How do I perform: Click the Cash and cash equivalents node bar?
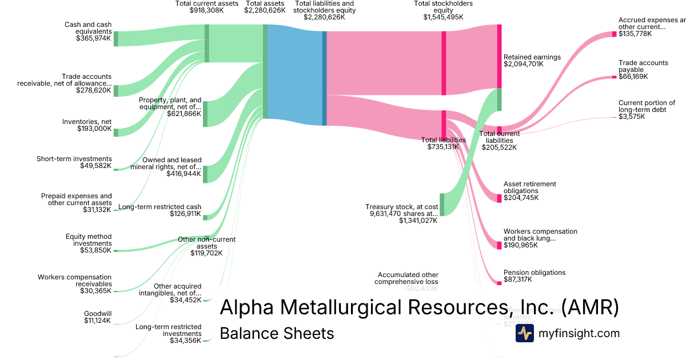click(x=115, y=38)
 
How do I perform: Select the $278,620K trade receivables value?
click(x=93, y=90)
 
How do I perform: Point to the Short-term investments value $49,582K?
click(x=95, y=166)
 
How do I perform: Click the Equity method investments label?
click(x=89, y=240)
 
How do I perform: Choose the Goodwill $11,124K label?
click(x=97, y=317)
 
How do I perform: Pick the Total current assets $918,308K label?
click(x=199, y=7)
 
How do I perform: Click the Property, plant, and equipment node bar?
click(x=205, y=114)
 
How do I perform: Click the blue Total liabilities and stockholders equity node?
click(x=324, y=78)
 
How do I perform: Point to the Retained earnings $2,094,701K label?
click(x=532, y=61)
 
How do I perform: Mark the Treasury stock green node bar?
click(x=441, y=205)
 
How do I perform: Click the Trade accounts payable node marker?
click(x=615, y=77)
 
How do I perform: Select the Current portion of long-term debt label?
click(x=647, y=106)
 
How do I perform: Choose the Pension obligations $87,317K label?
click(x=534, y=276)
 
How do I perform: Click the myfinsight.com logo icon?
click(x=524, y=333)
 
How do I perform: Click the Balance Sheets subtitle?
click(x=277, y=333)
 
